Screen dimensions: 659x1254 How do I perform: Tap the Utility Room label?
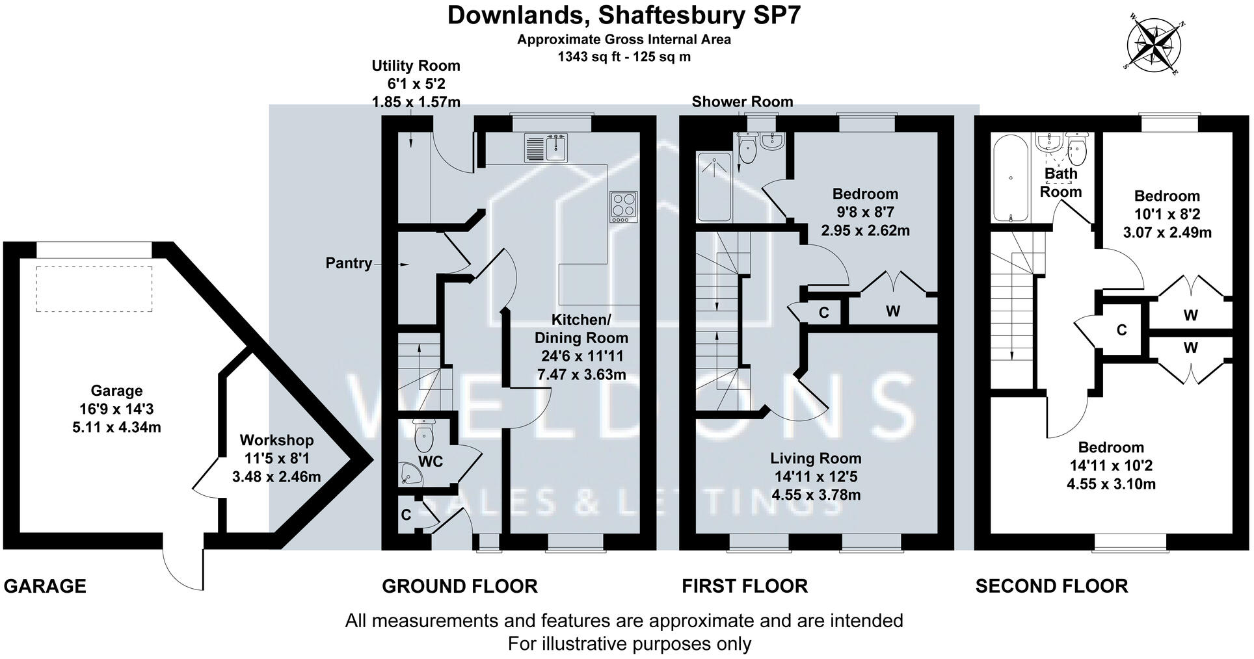416,66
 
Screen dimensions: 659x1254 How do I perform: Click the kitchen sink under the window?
546,148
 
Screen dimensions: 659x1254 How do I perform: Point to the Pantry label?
349,263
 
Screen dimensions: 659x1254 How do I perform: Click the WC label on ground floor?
431,461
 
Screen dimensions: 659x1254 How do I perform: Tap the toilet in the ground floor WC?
423,435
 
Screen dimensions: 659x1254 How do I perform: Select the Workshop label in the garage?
276,440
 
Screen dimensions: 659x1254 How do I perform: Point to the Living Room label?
816,458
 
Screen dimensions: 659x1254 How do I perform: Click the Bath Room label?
1061,183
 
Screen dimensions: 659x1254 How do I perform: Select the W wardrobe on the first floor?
892,311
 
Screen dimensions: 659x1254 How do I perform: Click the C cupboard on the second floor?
1121,330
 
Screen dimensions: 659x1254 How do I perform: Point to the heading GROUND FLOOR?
459,586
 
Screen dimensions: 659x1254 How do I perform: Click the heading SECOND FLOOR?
1051,586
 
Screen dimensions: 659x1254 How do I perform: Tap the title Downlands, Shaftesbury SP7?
623,15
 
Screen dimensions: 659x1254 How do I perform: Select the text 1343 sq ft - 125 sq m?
624,57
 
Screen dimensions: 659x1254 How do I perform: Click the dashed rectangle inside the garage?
94,289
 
